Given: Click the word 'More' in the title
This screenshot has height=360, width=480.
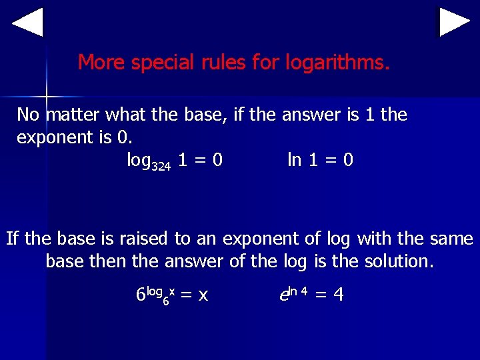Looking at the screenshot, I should [x=102, y=63].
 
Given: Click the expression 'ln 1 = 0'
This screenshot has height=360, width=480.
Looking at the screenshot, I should [x=320, y=160].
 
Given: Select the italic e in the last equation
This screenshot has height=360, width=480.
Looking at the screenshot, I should [x=283, y=294].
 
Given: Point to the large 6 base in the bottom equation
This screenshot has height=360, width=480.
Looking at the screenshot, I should [x=140, y=294].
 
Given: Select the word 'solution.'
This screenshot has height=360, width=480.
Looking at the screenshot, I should [x=399, y=261].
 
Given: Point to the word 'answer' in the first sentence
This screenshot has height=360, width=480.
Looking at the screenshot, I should [x=311, y=115].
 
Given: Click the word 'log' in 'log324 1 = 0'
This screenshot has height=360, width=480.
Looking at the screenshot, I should [x=139, y=160].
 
